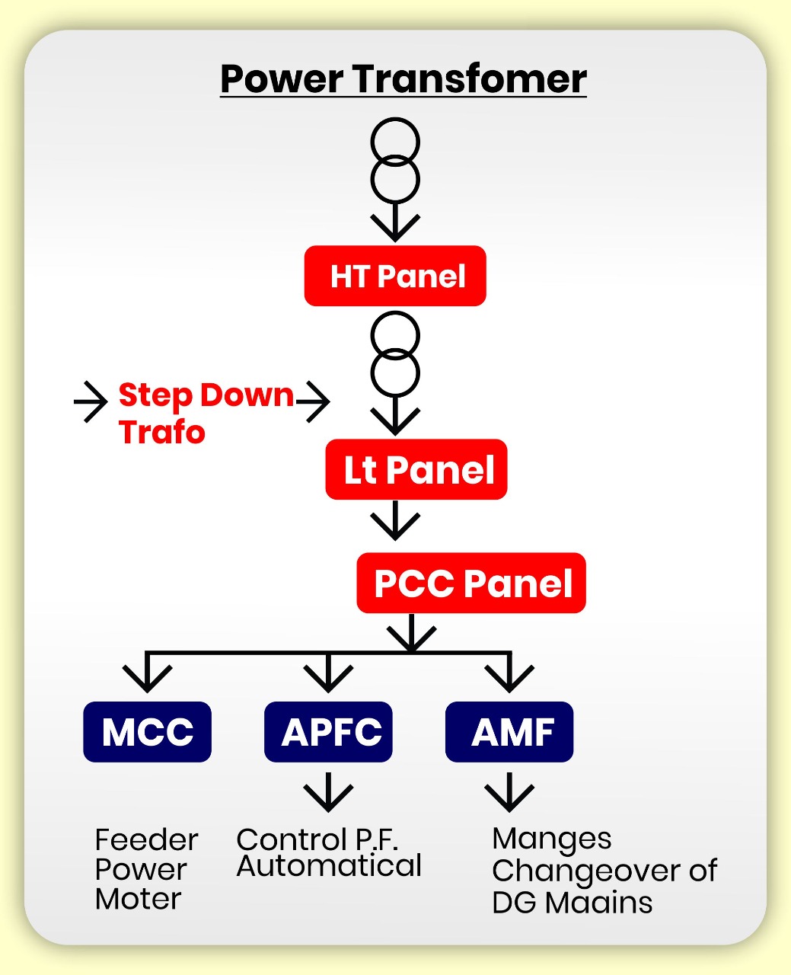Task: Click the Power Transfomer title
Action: click(x=403, y=79)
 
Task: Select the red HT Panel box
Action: click(x=395, y=276)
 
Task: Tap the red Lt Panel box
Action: click(x=416, y=469)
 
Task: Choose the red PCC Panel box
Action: click(x=471, y=583)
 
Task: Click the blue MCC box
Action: click(x=147, y=732)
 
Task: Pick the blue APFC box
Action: click(x=328, y=732)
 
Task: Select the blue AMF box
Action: click(x=509, y=732)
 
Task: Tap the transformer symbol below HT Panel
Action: click(x=395, y=355)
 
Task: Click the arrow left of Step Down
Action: click(x=91, y=401)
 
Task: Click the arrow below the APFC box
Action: click(x=328, y=792)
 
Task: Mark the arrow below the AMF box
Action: click(x=509, y=792)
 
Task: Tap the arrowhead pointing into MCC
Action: click(x=147, y=676)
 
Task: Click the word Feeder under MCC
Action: click(x=146, y=840)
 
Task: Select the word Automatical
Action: click(x=329, y=866)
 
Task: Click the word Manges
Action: click(x=552, y=839)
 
